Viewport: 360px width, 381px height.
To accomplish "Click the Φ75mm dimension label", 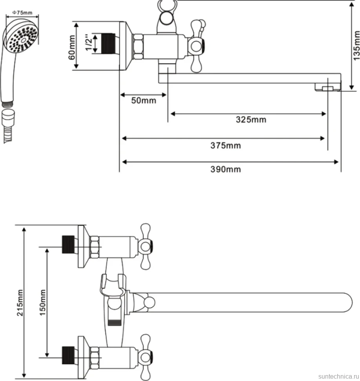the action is tap(22, 13).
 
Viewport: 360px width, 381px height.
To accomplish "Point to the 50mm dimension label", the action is tap(144, 100).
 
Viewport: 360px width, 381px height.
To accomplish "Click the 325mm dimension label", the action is tap(251, 119).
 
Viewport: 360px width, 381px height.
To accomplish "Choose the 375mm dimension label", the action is tap(226, 146).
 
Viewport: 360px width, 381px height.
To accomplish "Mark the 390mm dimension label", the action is tap(226, 169).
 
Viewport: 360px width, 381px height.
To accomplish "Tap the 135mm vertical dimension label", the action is tap(356, 46).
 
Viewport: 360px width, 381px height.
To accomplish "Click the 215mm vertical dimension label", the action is tap(20, 302).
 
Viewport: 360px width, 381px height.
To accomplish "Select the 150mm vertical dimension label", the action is tap(42, 302).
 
